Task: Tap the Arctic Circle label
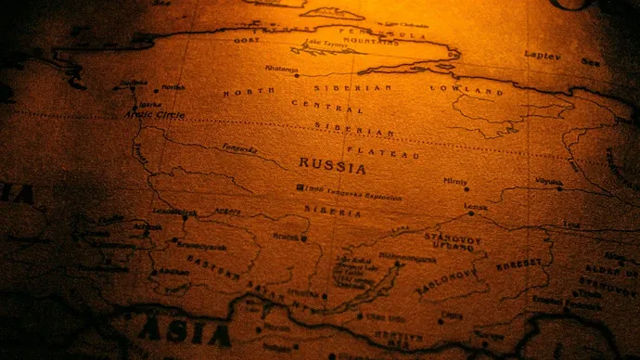155,115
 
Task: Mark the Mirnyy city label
455,182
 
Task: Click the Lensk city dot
470,213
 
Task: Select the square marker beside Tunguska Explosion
299,188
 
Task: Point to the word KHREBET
520,266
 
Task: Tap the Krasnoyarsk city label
201,247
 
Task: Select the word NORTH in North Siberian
249,92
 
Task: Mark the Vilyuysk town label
548,182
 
